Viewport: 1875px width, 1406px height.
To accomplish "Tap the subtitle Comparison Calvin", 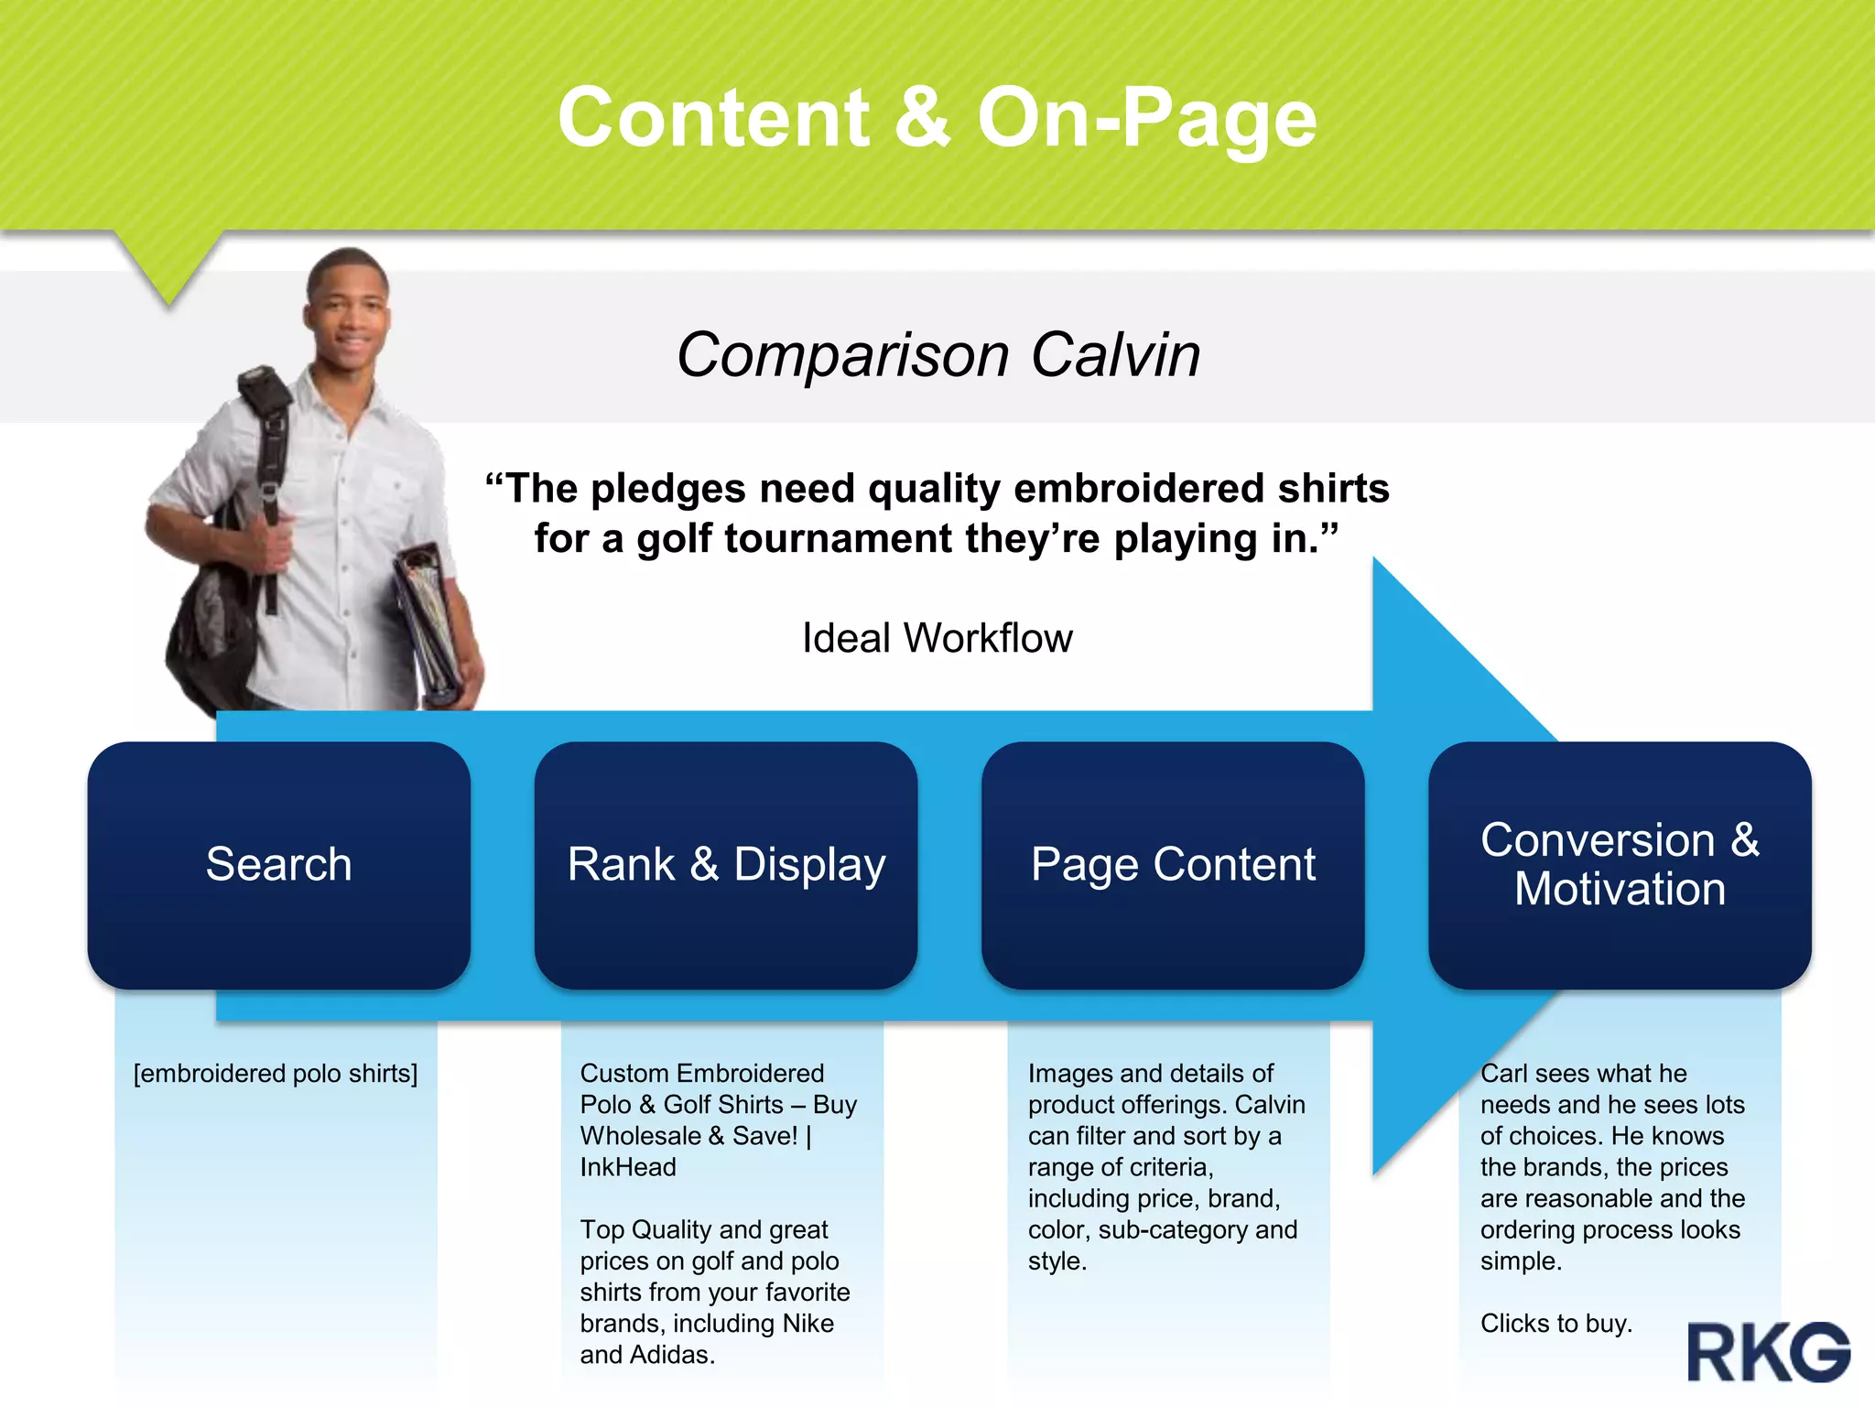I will tap(937, 354).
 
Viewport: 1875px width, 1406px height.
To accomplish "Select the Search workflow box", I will tap(279, 864).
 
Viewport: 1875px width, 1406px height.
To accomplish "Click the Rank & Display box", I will tap(726, 864).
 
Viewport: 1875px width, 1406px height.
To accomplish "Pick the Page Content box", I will tap(1173, 864).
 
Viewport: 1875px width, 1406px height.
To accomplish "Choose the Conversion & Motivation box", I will tap(1620, 864).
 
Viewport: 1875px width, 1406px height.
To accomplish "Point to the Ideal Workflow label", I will tap(937, 638).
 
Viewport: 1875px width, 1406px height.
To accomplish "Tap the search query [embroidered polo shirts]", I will tap(276, 1073).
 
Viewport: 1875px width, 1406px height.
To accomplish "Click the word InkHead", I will tap(628, 1167).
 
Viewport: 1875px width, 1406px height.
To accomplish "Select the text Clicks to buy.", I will tap(1556, 1324).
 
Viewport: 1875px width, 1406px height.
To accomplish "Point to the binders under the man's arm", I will tap(430, 622).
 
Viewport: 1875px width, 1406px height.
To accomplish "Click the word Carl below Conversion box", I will tap(1504, 1073).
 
